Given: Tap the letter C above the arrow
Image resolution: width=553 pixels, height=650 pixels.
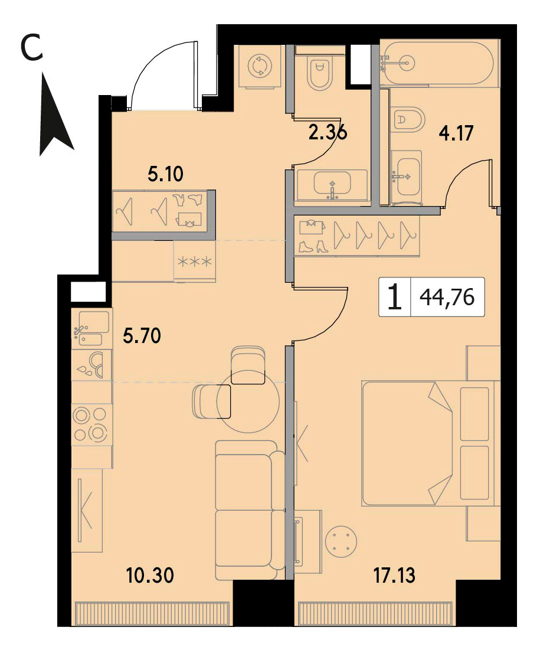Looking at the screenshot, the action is pos(31,47).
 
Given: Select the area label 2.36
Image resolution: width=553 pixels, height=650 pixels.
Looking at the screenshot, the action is pos(328,133).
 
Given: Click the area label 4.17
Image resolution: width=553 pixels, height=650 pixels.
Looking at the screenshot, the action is pos(456,133).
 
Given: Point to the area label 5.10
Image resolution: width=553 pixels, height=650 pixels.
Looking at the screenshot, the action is pos(165,174).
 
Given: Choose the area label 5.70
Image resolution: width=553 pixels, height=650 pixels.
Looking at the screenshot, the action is pos(142,336).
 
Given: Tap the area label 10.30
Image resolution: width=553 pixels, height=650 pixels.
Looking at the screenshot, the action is pos(150,576).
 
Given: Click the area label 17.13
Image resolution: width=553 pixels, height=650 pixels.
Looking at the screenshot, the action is pos(394,576).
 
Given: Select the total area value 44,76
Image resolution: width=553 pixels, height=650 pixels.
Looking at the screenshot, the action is pos(447,297).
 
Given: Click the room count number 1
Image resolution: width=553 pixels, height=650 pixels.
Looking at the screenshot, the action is pos(394,297).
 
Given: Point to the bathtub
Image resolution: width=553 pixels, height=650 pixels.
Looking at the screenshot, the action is pos(440,63).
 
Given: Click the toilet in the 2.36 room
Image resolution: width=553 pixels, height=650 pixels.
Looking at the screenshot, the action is pos(320,73).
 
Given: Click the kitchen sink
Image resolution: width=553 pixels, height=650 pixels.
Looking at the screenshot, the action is pos(91,328).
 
